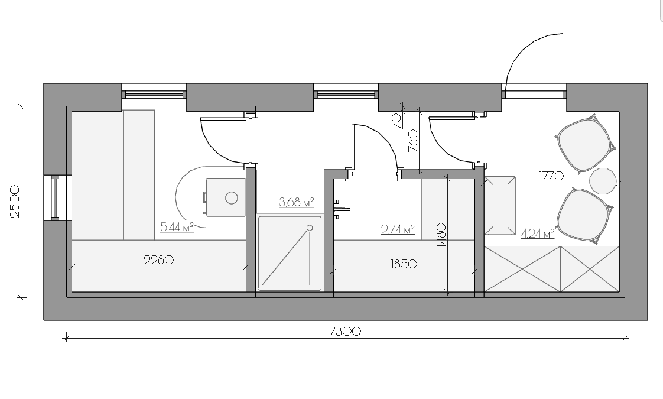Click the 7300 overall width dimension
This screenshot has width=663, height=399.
[x=345, y=331]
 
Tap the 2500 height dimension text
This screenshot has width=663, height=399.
[x=15, y=201]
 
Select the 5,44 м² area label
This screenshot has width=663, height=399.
[x=177, y=227]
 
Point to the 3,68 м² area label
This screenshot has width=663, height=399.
[x=297, y=202]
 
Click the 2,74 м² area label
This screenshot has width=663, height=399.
[x=398, y=230]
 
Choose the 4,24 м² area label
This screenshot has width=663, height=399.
[x=538, y=233]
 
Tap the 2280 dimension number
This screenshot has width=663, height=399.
[x=158, y=260]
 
